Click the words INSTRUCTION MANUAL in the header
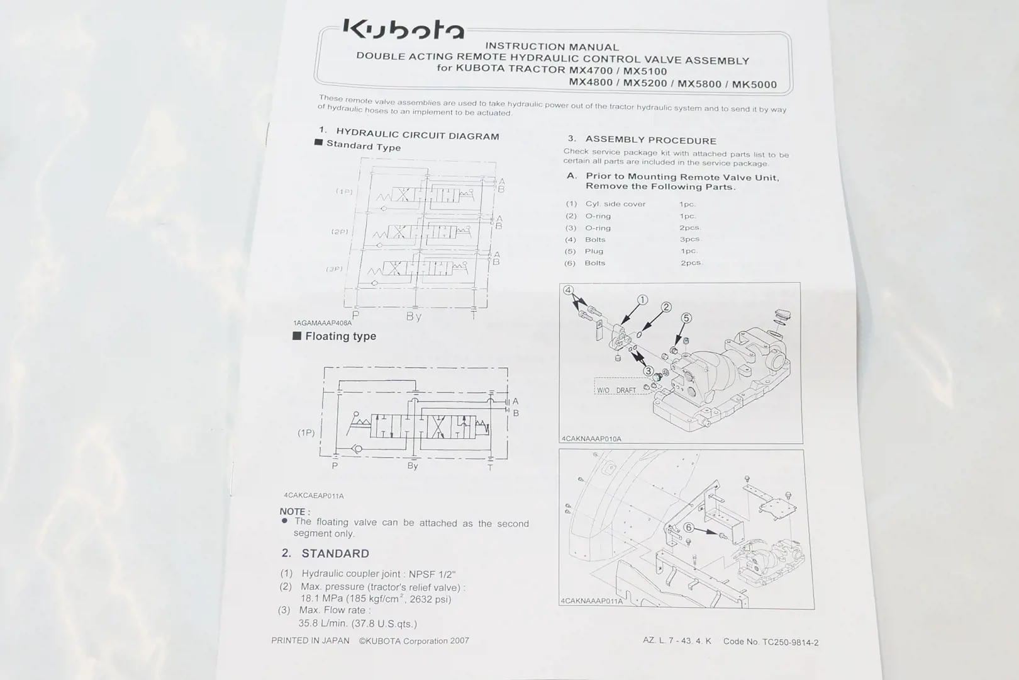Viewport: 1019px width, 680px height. [x=552, y=47]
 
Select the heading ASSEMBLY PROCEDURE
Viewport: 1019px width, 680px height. [x=650, y=140]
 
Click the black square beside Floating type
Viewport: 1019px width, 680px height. [x=297, y=336]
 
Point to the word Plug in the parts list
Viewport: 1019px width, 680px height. [x=594, y=251]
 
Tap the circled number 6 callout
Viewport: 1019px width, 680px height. [x=689, y=528]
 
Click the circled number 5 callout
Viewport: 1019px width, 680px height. [x=686, y=318]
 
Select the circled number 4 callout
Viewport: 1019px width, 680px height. [x=568, y=290]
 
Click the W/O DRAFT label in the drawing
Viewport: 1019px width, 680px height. [x=616, y=390]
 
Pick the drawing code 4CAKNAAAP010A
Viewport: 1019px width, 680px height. [x=591, y=439]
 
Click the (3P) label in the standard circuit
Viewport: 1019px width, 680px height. [x=335, y=269]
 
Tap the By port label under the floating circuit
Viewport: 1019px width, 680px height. [x=413, y=465]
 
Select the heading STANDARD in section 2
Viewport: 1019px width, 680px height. [x=335, y=553]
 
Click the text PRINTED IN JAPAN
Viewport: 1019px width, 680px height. [x=310, y=640]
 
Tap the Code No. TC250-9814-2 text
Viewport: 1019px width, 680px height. [x=771, y=642]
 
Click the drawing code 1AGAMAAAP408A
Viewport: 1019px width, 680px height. [x=323, y=323]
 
